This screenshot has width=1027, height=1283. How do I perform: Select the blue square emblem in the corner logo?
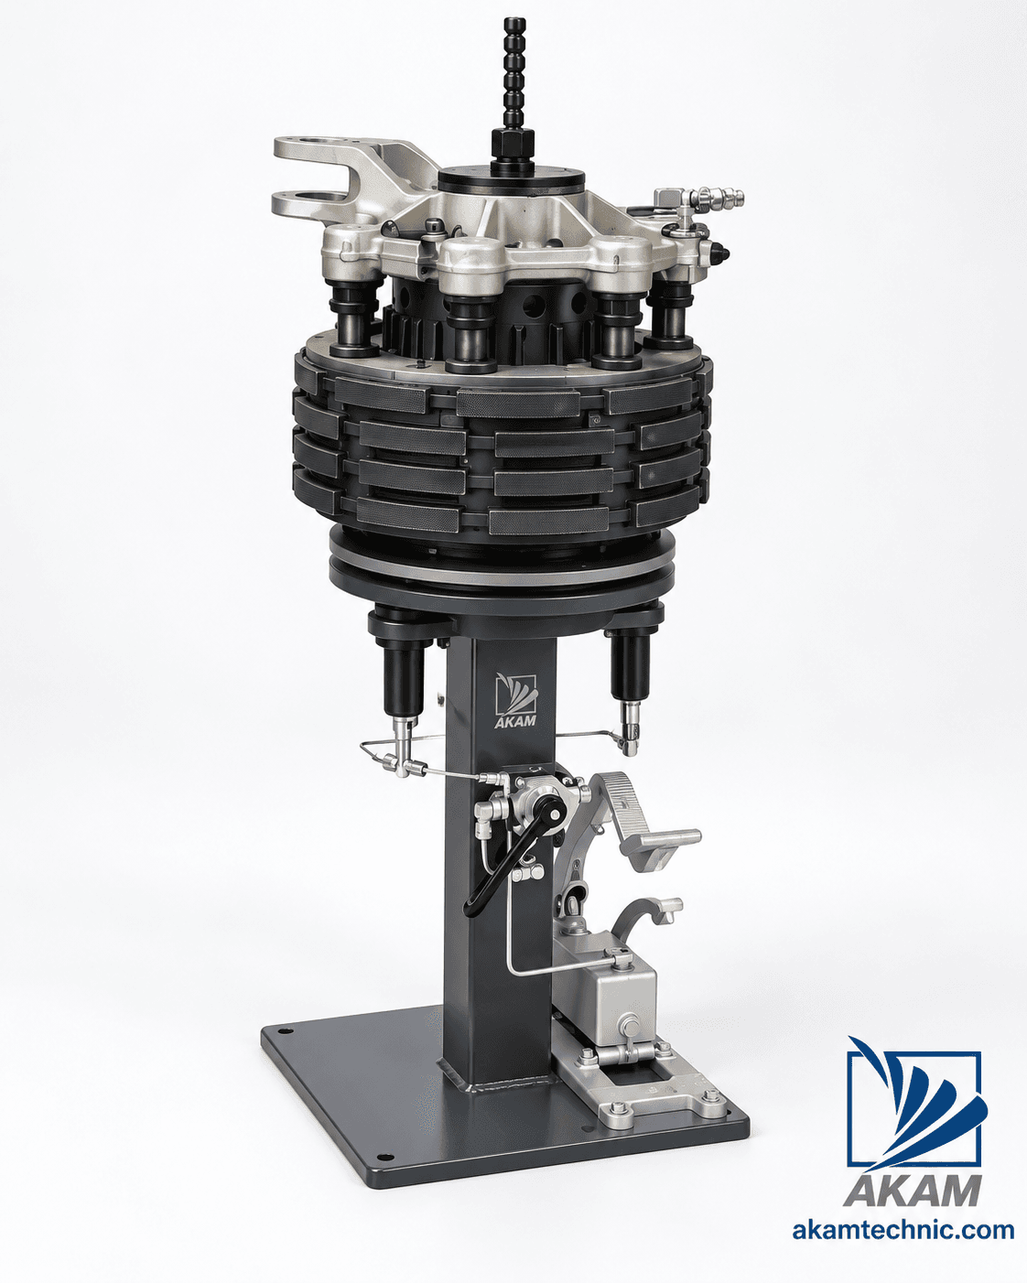(x=914, y=1105)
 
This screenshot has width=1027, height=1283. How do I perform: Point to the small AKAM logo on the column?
(x=516, y=700)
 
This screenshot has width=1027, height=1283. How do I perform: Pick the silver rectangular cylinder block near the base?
(x=605, y=1000)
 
